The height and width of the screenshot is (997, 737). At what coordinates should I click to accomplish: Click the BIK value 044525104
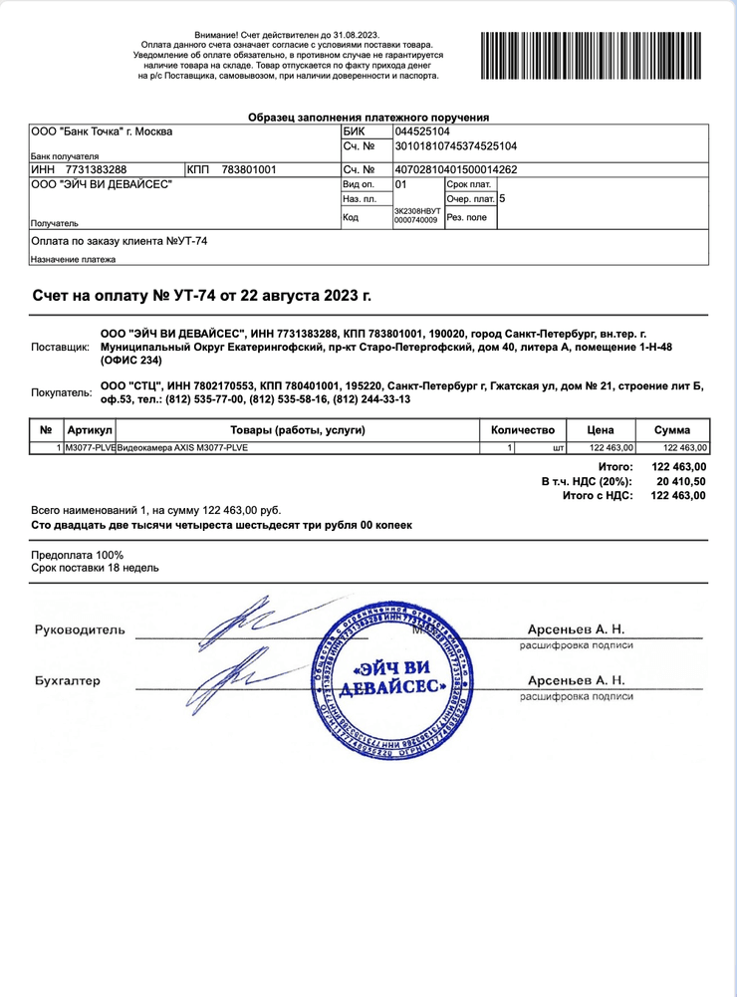point(422,131)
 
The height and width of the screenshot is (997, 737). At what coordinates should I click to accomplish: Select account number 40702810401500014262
point(456,169)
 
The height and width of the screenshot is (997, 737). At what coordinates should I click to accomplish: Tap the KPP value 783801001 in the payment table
point(249,169)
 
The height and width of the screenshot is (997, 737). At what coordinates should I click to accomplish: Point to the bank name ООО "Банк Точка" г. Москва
point(102,131)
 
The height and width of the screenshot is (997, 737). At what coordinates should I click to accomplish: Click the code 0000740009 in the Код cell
point(416,220)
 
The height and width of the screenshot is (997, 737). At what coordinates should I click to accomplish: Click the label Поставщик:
point(61,347)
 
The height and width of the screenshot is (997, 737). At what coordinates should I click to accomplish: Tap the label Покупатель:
point(61,392)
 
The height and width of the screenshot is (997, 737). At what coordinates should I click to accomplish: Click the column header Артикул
point(90,430)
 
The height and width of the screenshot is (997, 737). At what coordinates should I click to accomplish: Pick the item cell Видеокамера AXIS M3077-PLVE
point(182,448)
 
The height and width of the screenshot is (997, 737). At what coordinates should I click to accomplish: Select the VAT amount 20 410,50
point(682,481)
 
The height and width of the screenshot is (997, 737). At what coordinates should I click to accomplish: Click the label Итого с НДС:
point(598,495)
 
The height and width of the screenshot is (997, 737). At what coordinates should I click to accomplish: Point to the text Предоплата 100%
point(78,555)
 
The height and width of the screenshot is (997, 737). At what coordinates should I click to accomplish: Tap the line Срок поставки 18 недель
point(95,568)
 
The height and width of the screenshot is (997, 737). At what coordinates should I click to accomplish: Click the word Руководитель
point(81,629)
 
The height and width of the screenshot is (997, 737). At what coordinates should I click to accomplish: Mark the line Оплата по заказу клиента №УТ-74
point(120,241)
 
